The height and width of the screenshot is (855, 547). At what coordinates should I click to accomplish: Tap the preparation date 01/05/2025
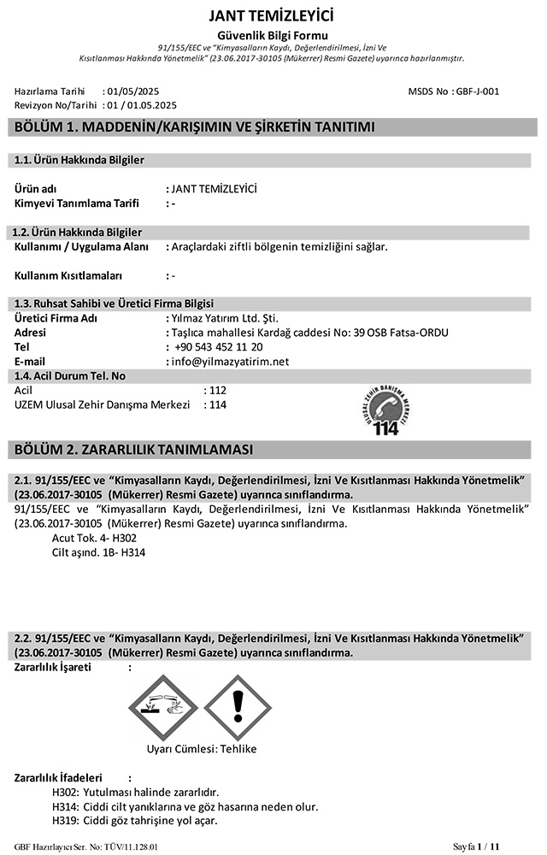(x=132, y=91)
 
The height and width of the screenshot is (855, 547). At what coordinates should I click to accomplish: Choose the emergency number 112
(x=217, y=390)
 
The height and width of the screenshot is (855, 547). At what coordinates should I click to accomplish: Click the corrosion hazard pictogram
(x=168, y=705)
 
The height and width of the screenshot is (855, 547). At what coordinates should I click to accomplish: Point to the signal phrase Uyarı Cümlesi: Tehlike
(x=202, y=749)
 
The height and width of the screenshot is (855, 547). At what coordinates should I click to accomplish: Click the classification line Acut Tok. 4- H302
(x=94, y=538)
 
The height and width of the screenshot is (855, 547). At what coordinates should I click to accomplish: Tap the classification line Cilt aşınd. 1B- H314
(x=98, y=552)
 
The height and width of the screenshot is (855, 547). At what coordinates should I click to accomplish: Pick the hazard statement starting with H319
(x=134, y=821)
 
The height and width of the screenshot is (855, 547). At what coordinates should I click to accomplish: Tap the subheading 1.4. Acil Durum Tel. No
(x=71, y=375)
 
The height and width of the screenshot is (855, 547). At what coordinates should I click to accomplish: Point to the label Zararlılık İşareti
(x=53, y=667)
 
